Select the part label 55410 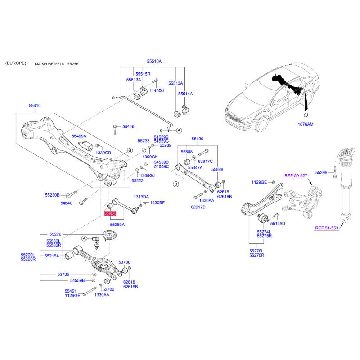(x=35, y=106)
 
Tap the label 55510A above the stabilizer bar (x=154, y=61)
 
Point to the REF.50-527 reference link (x=295, y=176)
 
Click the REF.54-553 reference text (x=326, y=229)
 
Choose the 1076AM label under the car (x=306, y=124)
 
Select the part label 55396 (x=321, y=172)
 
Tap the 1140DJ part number (x=157, y=91)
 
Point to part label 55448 (x=128, y=127)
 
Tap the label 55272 (x=56, y=234)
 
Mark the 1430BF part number (x=157, y=203)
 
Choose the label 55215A (x=52, y=256)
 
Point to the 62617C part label (x=205, y=161)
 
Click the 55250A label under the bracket (x=117, y=224)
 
